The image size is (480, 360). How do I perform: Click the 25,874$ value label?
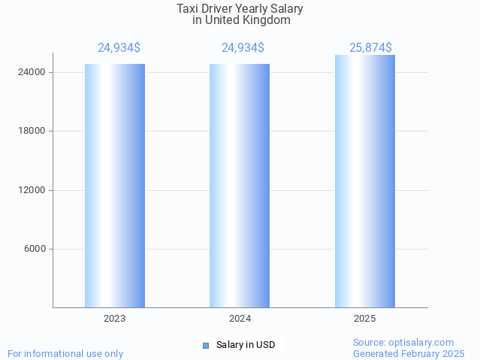tap(371, 47)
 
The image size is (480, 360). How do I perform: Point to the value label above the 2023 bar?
tap(119, 47)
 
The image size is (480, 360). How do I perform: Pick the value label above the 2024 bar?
tap(243, 47)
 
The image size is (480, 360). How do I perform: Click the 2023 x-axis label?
tap(115, 319)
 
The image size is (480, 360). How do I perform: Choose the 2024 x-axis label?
tap(240, 319)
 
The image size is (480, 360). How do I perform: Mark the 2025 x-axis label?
tap(365, 319)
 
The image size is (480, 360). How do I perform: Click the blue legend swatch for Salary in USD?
tap(205, 345)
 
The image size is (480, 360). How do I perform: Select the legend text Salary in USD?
tap(246, 345)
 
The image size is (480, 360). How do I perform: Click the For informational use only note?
tap(65, 353)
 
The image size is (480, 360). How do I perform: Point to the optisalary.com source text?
tap(424, 342)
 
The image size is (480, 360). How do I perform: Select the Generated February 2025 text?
tap(409, 353)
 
